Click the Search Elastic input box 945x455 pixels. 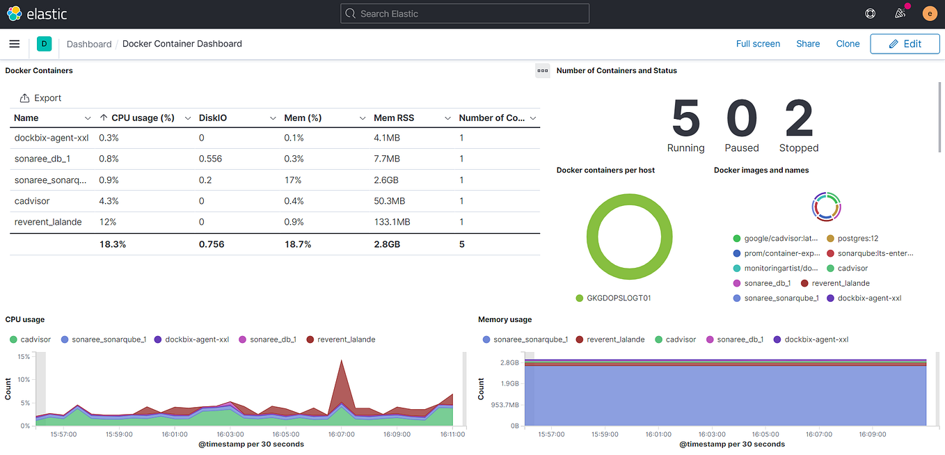tap(465, 14)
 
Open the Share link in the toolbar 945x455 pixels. tap(808, 44)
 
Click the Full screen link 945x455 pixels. tap(758, 44)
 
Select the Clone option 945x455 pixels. tap(848, 44)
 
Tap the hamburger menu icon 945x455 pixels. tap(15, 44)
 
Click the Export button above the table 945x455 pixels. tap(41, 98)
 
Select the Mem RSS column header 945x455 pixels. tap(394, 118)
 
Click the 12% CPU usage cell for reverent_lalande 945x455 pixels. tap(108, 222)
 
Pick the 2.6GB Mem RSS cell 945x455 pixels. tap(387, 180)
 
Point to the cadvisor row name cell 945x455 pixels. tap(32, 201)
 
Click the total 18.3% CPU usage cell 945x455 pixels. tap(112, 244)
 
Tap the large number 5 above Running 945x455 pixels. tap(685, 118)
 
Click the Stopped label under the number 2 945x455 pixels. tap(798, 148)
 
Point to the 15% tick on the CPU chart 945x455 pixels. tap(23, 357)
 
